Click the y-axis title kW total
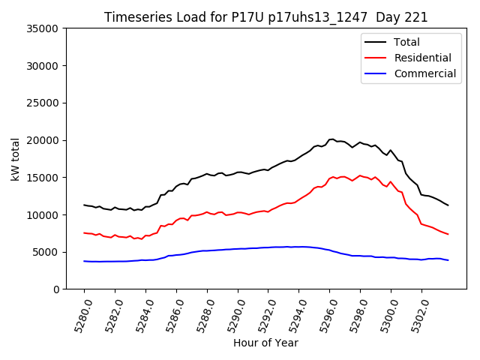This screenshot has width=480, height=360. pos(15,159)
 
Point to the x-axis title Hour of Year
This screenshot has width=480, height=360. pos(265,343)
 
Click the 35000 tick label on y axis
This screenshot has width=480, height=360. pos(43,28)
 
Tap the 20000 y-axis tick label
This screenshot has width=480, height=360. pos(43,140)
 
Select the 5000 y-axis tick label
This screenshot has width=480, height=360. pos(46,252)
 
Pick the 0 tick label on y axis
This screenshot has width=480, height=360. pos(56,289)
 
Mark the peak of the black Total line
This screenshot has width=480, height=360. pos(331,139)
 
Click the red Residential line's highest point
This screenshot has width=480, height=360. pos(360,175)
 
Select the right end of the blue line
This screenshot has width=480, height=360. pos(448,260)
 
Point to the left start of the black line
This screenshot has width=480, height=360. pos(84,205)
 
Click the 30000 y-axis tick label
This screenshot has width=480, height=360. pos(43,66)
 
